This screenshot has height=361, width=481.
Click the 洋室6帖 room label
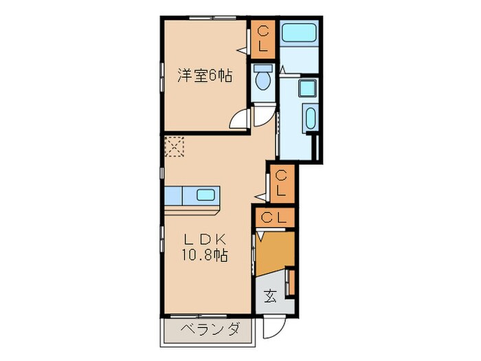tap(204, 76)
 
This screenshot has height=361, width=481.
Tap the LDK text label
tap(204, 239)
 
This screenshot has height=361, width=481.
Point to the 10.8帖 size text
tap(204, 256)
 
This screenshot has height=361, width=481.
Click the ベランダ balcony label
tap(210, 329)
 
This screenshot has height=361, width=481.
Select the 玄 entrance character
tap(270, 296)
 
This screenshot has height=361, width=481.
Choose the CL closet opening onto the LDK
tap(282, 184)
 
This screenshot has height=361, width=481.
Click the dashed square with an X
tap(175, 146)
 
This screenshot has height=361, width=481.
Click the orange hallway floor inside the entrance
tap(275, 252)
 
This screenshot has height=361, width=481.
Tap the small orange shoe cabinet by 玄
tap(291, 283)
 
